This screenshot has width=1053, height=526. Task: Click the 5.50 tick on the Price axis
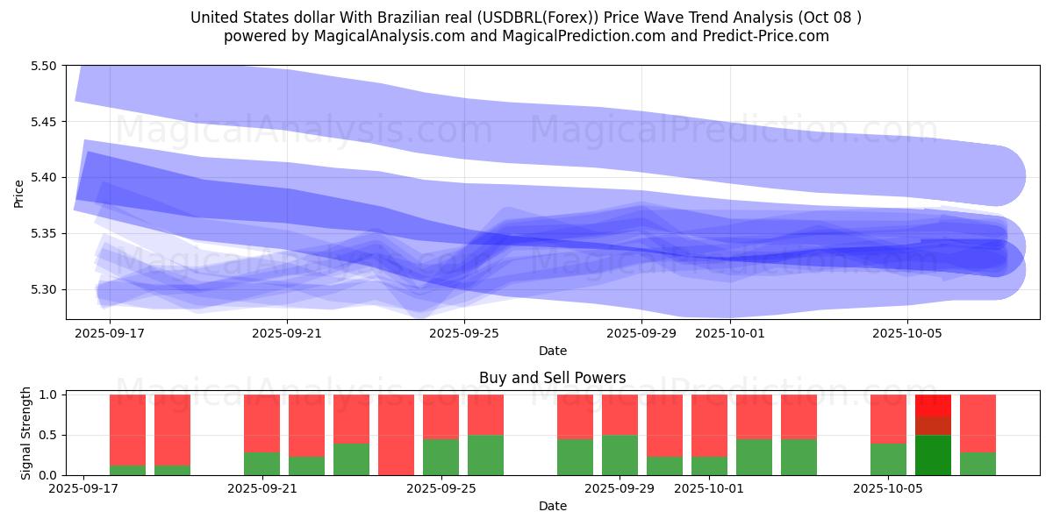point(44,66)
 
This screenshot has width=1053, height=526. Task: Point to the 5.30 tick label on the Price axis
point(44,289)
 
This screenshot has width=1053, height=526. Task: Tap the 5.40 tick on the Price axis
point(44,177)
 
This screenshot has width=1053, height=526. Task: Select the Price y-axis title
point(18,193)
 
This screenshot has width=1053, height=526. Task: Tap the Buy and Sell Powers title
point(552,379)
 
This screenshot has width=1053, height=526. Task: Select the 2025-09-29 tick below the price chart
point(641,333)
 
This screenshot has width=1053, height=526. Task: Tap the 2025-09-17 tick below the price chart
point(110,333)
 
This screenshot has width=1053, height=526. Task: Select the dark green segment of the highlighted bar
point(933,455)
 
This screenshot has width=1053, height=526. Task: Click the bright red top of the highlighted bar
point(933,405)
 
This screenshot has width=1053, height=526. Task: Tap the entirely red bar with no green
point(396,434)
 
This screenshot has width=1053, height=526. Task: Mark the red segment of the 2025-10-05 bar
point(888,418)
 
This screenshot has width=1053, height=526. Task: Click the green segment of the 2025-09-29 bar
point(620,455)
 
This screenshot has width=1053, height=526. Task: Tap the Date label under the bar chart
point(552,506)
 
